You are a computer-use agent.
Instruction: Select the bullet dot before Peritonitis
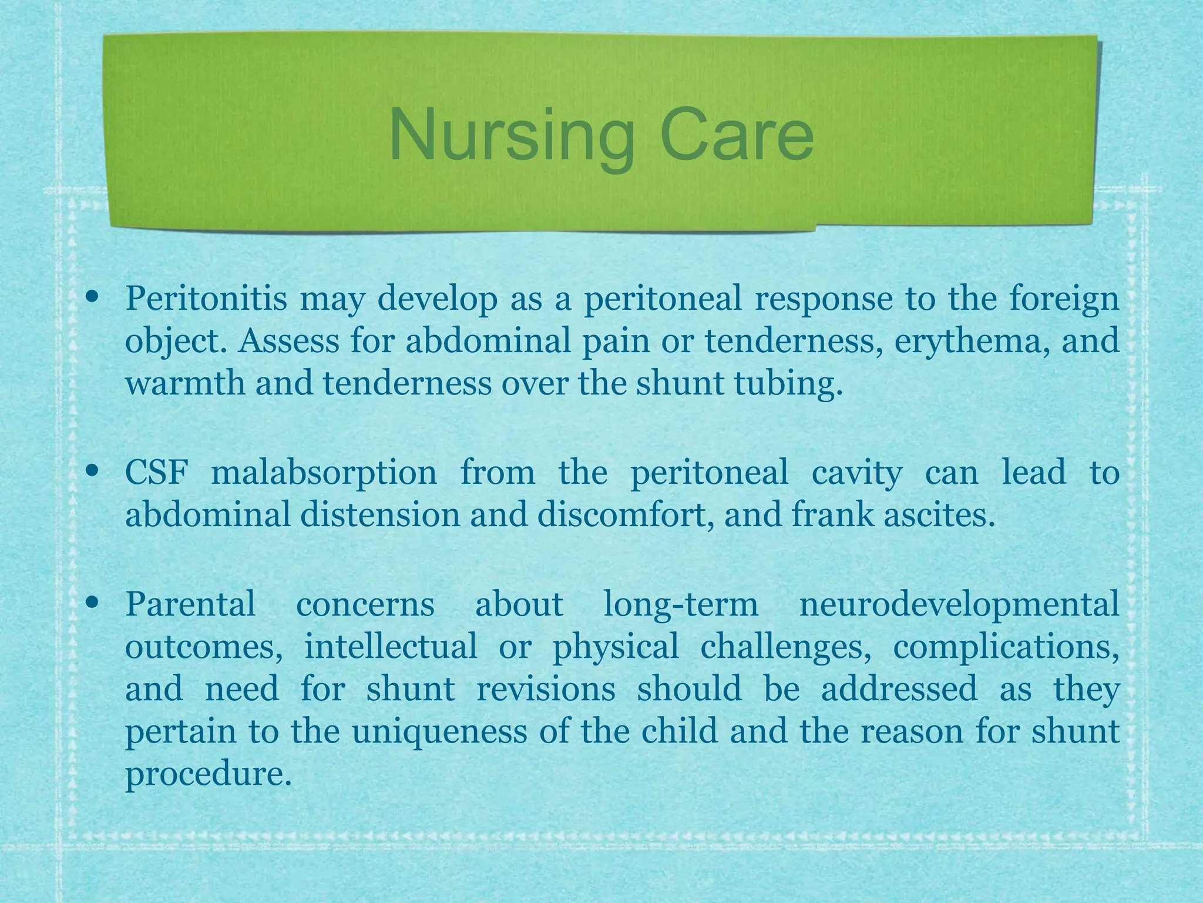point(92,297)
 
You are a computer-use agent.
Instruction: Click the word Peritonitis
point(206,299)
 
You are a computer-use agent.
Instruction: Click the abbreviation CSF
point(156,472)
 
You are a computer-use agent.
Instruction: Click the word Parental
point(190,604)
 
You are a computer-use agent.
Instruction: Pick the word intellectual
point(391,646)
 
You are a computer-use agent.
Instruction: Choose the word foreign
point(1064,300)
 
